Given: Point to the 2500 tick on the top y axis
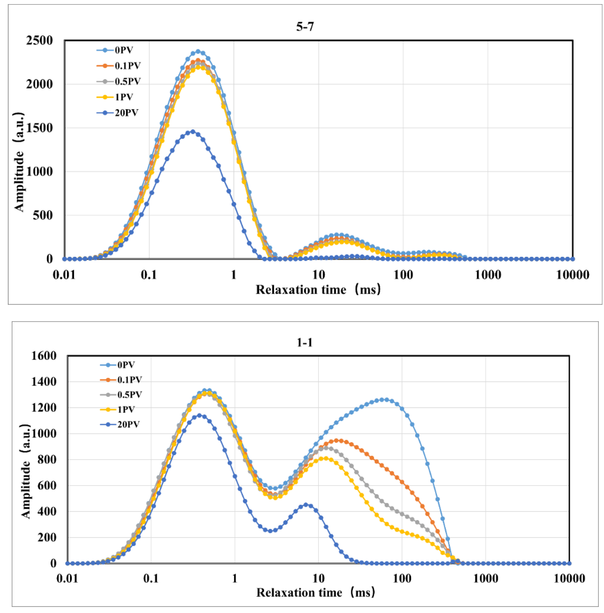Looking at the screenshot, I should [x=40, y=41].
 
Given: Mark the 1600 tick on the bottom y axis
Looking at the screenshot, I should [x=44, y=356].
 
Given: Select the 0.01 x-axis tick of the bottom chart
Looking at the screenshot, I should [x=67, y=578].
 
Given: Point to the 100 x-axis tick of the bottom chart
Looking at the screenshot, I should [x=402, y=578].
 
